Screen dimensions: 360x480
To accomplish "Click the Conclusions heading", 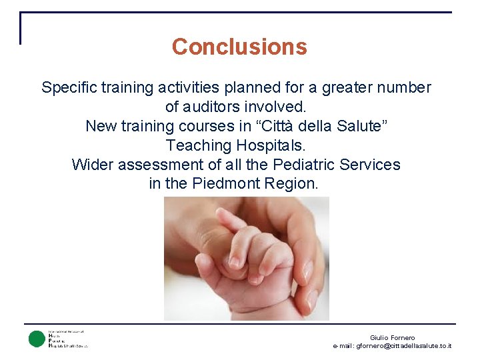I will tap(239, 47).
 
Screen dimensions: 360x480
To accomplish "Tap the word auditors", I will tap(216, 107).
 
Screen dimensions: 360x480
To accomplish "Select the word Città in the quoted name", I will tap(275, 126).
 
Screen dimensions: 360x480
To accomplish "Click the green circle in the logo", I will tap(37, 339).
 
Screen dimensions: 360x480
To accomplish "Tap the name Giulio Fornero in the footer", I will tap(392, 338).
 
